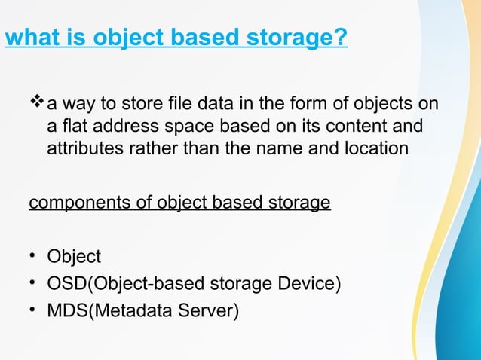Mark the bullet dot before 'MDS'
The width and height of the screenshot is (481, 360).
point(33,308)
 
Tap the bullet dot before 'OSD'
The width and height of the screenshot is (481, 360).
point(33,282)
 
